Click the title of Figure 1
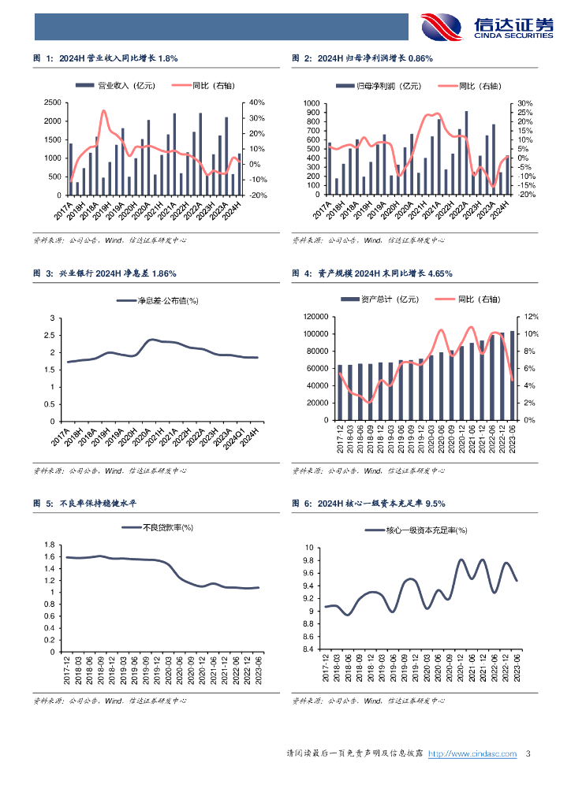pos(106,58)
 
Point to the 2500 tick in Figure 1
pos(53,102)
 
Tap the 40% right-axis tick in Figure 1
pos(256,102)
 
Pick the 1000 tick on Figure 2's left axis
pos(310,103)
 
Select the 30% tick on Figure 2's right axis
pos(526,103)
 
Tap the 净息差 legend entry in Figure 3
pos(157,300)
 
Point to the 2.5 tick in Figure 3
pos(53,335)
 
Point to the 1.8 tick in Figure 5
pos(48,545)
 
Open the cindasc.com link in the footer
pos(472,754)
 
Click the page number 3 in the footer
pos(527,754)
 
